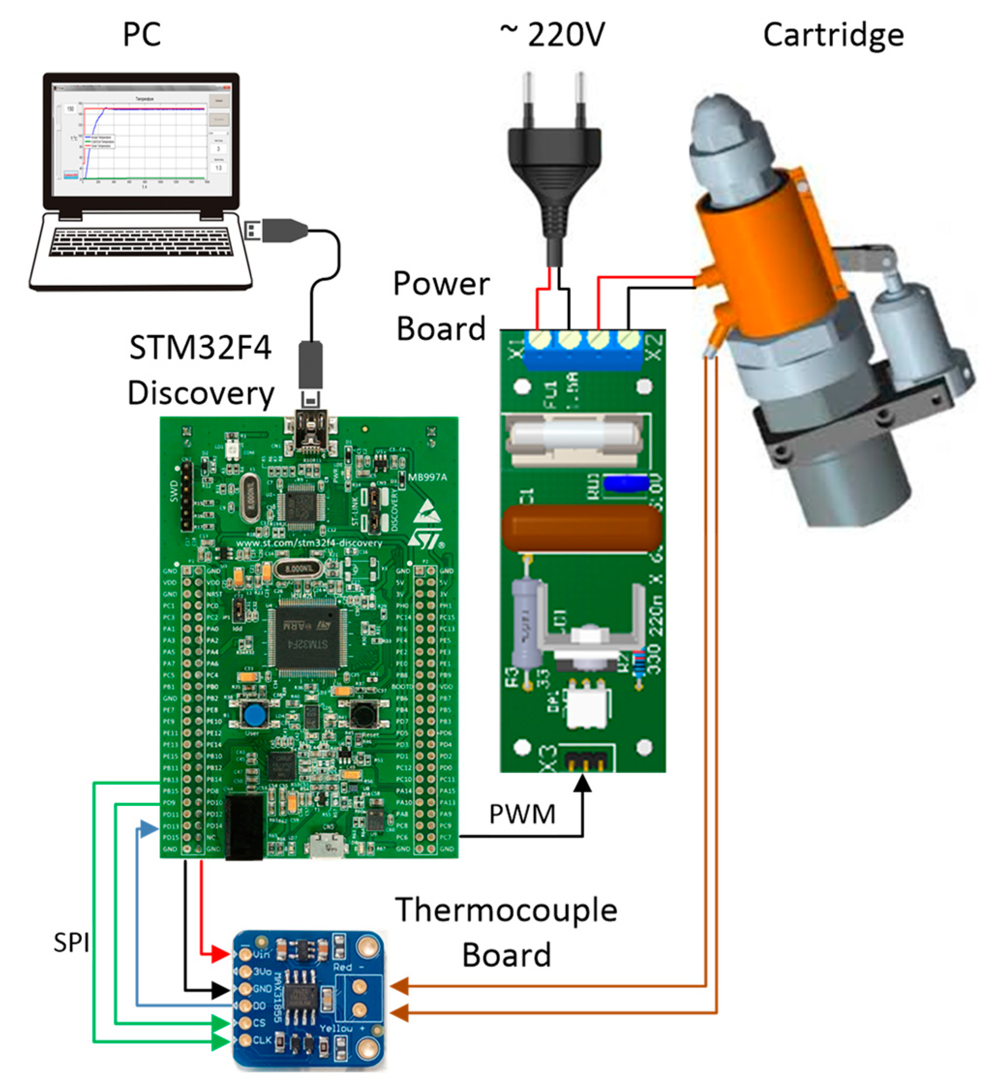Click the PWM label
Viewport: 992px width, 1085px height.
pos(522,814)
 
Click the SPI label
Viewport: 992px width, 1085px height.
pos(71,942)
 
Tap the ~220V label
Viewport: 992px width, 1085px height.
pos(552,34)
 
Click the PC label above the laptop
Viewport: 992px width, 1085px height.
pos(142,34)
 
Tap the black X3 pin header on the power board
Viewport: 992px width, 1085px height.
pos(586,759)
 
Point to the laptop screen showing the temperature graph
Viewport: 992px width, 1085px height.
pos(142,139)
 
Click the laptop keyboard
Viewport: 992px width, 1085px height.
pos(142,242)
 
